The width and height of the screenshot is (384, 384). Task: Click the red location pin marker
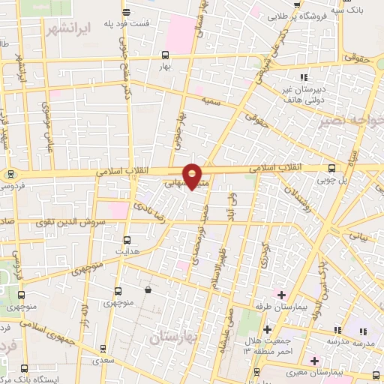193,176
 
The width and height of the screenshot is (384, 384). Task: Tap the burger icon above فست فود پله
125,11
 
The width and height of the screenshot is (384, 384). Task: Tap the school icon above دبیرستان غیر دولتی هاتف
304,77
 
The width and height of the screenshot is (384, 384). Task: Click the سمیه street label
210,102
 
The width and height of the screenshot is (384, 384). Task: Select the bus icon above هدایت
127,240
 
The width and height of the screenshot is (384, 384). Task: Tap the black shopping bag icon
147,289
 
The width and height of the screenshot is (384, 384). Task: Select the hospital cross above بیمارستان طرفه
281,295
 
